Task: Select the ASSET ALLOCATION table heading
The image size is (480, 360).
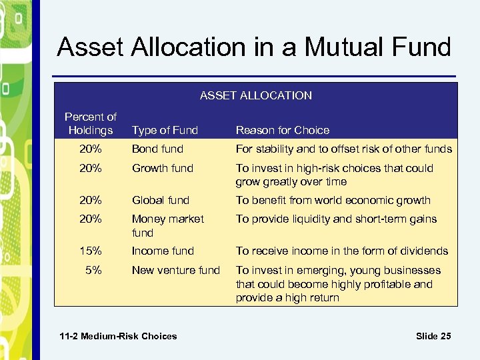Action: click(255, 95)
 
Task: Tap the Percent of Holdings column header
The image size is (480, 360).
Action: click(90, 123)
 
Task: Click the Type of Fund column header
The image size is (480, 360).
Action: click(165, 130)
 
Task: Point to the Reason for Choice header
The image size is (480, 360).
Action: click(283, 130)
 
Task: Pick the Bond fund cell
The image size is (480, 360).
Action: click(157, 149)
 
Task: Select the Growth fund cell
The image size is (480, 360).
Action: click(162, 168)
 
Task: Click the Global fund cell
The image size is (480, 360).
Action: click(161, 200)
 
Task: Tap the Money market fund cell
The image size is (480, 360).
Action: click(167, 225)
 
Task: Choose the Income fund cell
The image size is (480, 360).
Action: click(163, 251)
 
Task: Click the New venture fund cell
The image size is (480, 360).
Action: click(175, 270)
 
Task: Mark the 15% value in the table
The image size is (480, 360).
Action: click(90, 251)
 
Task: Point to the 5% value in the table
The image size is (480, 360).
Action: click(93, 270)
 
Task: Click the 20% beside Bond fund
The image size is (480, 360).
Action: click(90, 149)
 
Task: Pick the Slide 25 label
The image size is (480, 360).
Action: click(433, 336)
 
